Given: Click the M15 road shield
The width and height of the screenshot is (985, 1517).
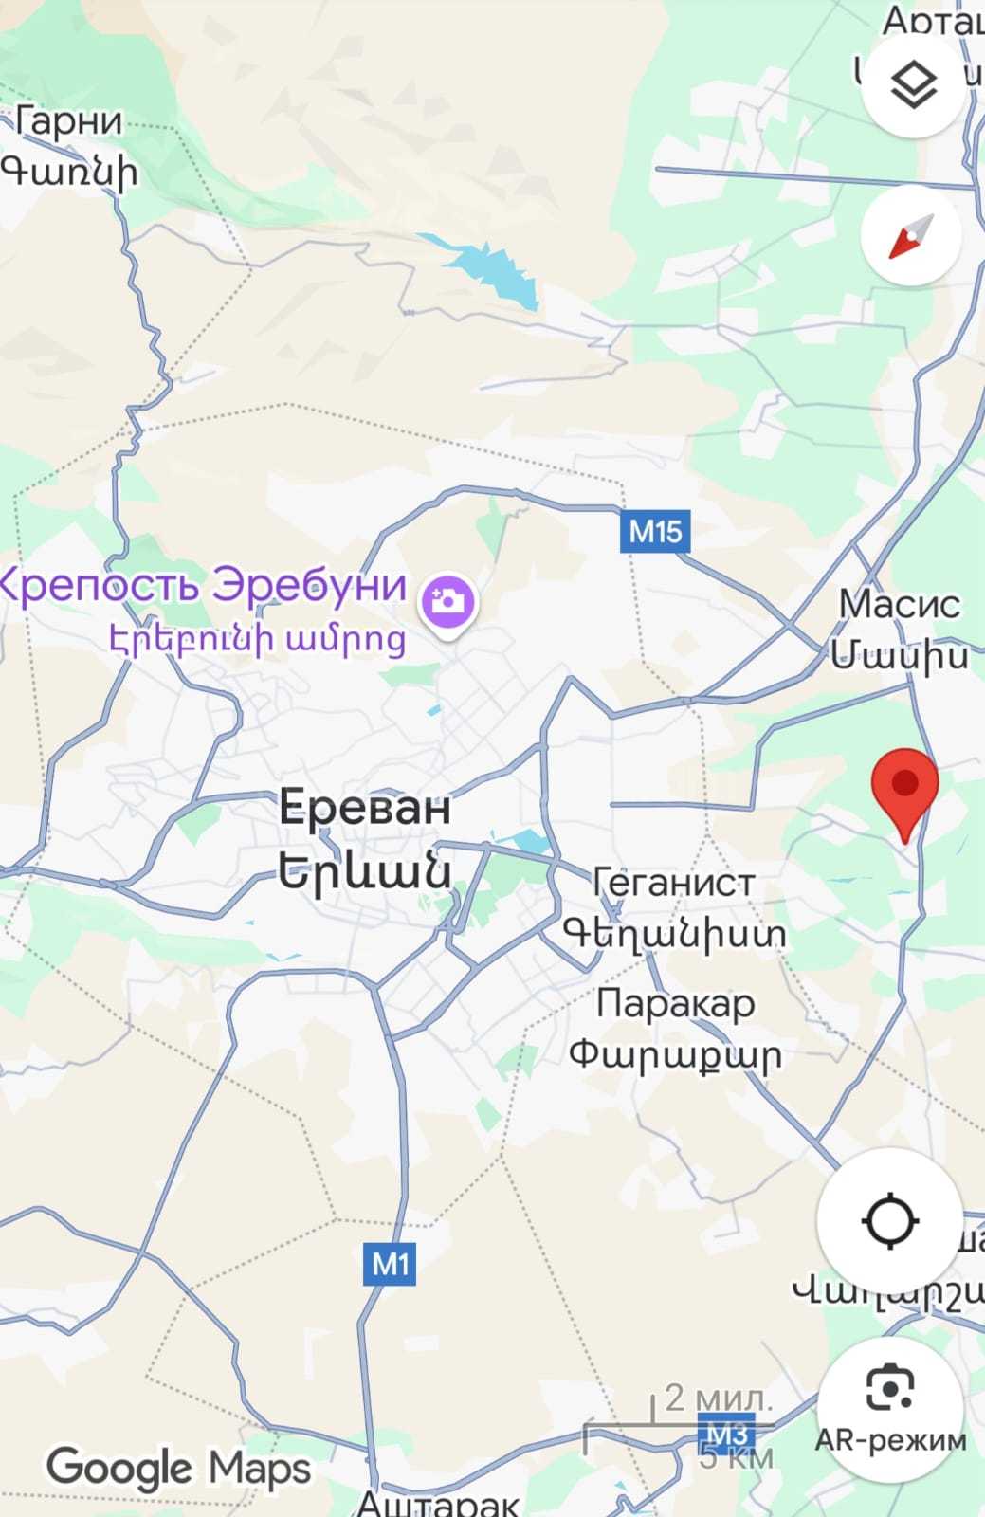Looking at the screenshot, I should tap(655, 532).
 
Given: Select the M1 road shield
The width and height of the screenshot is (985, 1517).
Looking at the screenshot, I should tap(390, 1264).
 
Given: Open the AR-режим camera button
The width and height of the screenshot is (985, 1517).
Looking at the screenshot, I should tap(890, 1410).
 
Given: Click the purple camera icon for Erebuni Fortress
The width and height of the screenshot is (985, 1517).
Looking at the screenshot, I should tap(448, 602).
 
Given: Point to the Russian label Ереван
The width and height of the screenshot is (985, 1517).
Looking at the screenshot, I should tap(364, 809).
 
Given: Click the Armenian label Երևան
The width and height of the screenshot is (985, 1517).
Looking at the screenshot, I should tap(364, 870).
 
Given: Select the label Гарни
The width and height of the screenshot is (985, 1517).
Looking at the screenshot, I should tap(69, 122).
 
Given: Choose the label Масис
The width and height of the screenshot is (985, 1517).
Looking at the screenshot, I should tap(899, 604).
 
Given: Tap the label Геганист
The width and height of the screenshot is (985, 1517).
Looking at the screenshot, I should tap(673, 883).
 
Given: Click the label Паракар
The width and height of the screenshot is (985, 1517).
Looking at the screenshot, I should tap(675, 1002).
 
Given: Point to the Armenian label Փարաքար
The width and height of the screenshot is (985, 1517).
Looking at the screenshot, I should tap(675, 1054).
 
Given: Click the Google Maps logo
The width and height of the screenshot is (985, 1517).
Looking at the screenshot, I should tap(178, 1469).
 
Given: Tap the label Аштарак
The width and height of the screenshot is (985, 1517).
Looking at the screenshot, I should tap(438, 1502).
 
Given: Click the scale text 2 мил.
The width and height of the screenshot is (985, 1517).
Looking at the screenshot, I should tap(718, 1397).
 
